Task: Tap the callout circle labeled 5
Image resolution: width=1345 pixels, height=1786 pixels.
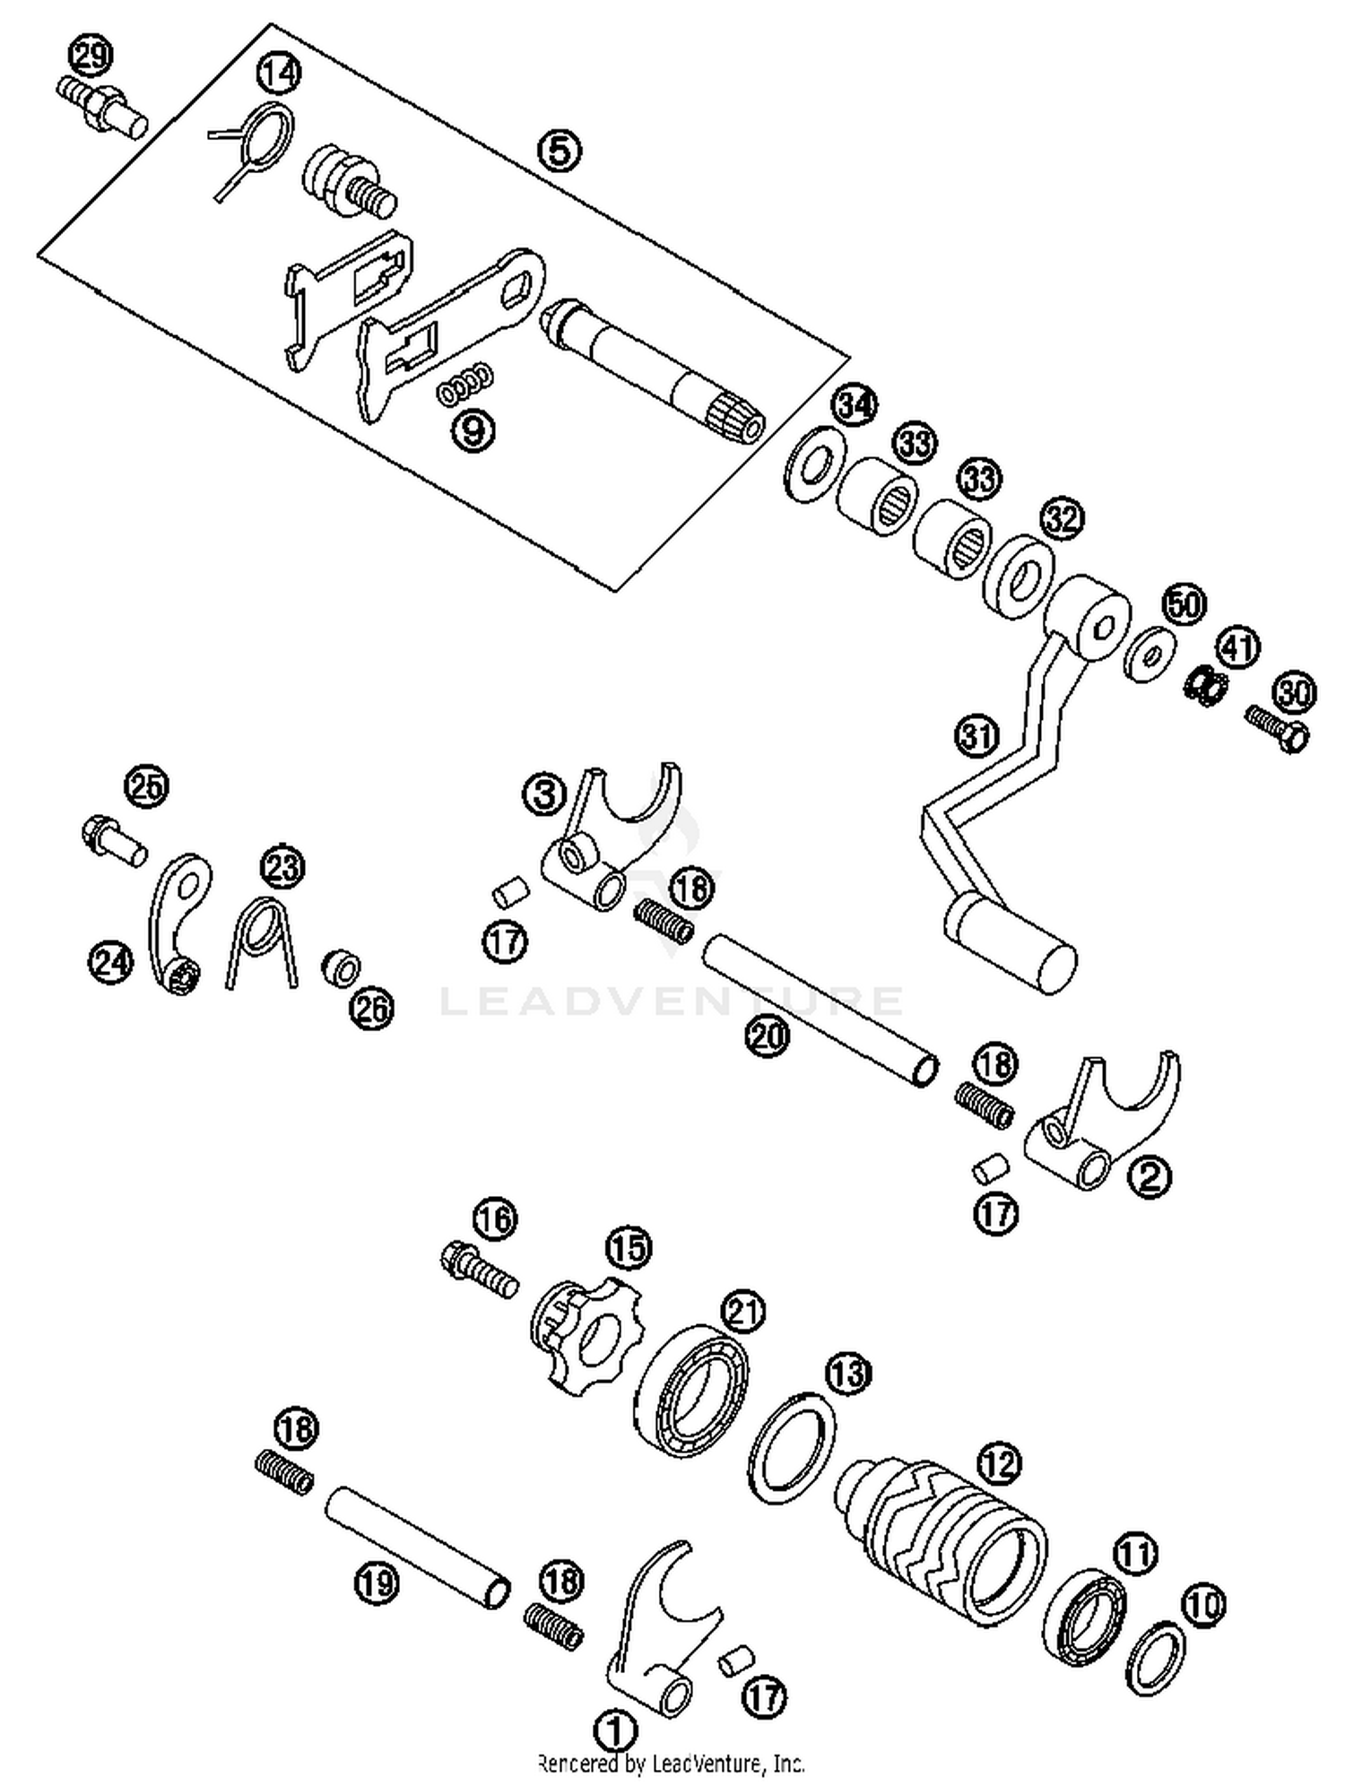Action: tap(559, 151)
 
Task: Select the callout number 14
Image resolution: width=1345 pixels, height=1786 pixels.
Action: tap(278, 74)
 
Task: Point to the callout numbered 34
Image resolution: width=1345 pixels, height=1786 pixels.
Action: tap(854, 405)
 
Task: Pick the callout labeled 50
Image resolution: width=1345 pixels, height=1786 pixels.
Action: tap(1184, 605)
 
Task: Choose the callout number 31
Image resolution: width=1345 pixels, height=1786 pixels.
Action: tap(976, 735)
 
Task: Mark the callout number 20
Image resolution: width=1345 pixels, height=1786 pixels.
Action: tap(768, 1036)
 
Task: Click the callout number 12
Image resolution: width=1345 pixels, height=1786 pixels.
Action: tap(999, 1464)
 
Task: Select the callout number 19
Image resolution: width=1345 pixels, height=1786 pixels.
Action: tap(376, 1582)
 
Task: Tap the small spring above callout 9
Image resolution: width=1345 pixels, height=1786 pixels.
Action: tap(465, 383)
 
